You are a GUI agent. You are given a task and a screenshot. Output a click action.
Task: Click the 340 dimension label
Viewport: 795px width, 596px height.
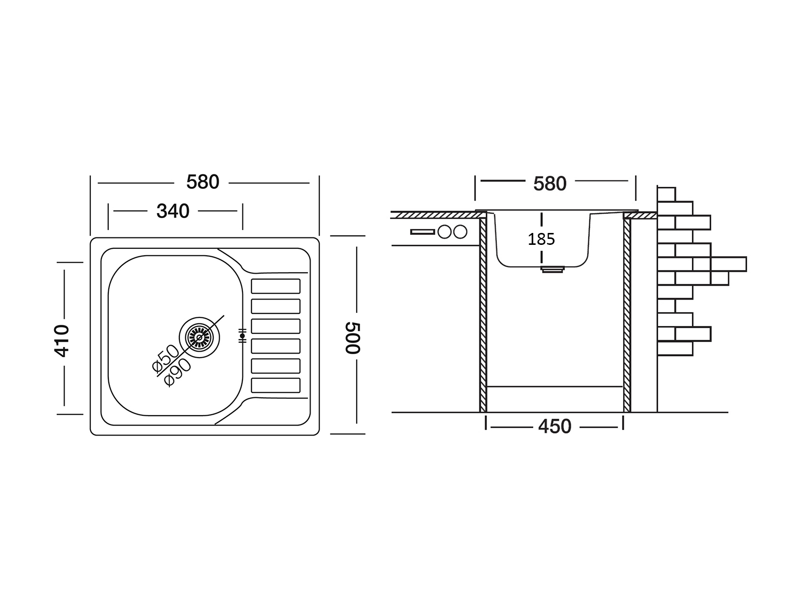tap(173, 212)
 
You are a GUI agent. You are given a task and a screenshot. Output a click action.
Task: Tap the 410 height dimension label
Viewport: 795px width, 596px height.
tap(62, 340)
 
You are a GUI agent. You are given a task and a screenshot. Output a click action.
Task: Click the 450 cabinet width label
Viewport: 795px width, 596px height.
tap(555, 427)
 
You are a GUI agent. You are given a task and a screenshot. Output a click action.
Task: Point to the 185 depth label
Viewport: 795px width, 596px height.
tap(541, 239)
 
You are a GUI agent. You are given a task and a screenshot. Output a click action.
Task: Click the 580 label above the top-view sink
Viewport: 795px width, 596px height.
tap(203, 182)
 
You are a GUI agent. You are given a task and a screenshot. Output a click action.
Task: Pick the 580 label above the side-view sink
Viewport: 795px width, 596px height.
tap(550, 184)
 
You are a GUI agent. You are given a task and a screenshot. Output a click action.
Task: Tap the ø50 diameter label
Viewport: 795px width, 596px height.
tap(165, 358)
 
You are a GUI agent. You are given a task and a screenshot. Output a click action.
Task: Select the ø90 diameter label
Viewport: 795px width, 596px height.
tap(177, 372)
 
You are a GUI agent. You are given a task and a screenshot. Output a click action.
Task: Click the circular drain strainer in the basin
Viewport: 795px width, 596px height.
tap(199, 337)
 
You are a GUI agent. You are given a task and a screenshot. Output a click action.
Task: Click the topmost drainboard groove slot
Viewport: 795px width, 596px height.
tap(276, 286)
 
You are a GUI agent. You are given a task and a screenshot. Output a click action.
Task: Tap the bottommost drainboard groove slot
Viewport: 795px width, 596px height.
tap(276, 385)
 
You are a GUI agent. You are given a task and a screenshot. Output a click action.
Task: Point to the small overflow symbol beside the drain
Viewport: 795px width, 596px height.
tap(242, 336)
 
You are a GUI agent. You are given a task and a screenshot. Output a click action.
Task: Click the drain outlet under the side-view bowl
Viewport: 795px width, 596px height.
tap(552, 269)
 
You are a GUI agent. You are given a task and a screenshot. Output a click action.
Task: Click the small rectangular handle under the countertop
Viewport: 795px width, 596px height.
tap(422, 231)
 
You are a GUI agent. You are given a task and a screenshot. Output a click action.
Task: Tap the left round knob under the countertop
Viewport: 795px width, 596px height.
tap(444, 231)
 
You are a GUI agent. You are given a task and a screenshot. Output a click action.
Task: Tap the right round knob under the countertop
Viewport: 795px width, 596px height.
tap(461, 231)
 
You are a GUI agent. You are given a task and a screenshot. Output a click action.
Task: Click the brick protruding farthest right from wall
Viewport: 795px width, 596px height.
tap(728, 264)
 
